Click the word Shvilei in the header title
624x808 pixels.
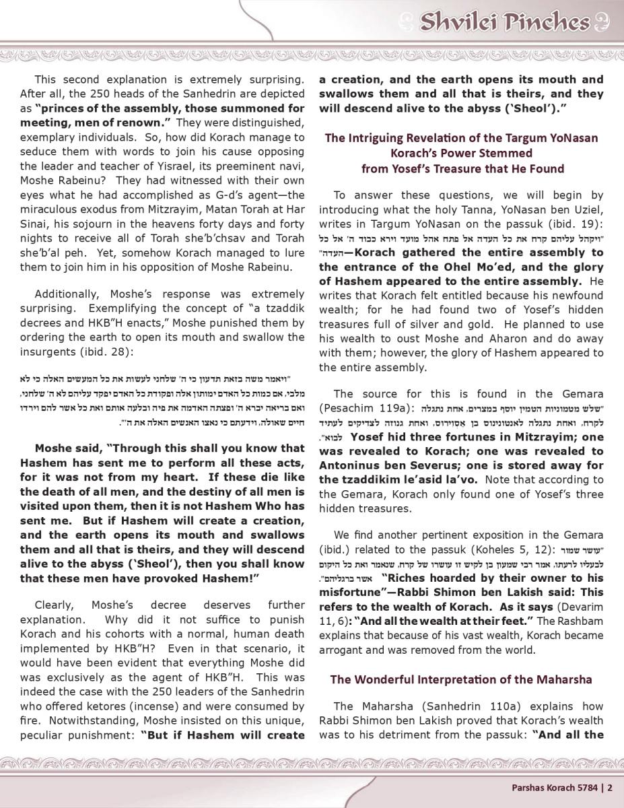[x=460, y=23]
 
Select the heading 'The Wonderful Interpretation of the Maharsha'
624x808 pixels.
[x=461, y=679]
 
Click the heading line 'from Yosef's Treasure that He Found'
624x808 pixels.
[x=462, y=168]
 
